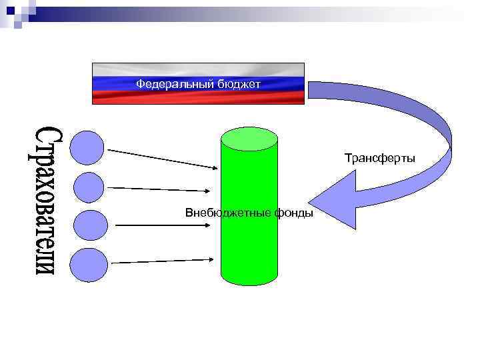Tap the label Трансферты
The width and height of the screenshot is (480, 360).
[379, 158]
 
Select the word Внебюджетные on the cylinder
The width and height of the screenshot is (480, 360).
[221, 213]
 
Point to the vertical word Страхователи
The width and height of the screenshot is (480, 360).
[46, 199]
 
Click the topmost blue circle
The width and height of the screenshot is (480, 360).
[87, 147]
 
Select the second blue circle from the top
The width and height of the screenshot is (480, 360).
[89, 187]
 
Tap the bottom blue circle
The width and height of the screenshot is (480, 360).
[89, 265]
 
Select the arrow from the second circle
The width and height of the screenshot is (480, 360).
[163, 189]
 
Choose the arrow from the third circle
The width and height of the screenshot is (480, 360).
[167, 225]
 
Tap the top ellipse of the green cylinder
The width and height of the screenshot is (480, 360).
[249, 139]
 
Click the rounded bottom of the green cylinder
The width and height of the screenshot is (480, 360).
[249, 279]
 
